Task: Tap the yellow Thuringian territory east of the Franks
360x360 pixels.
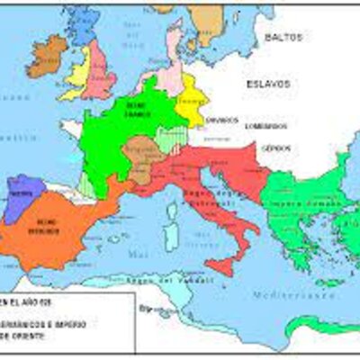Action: [x=192, y=99]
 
